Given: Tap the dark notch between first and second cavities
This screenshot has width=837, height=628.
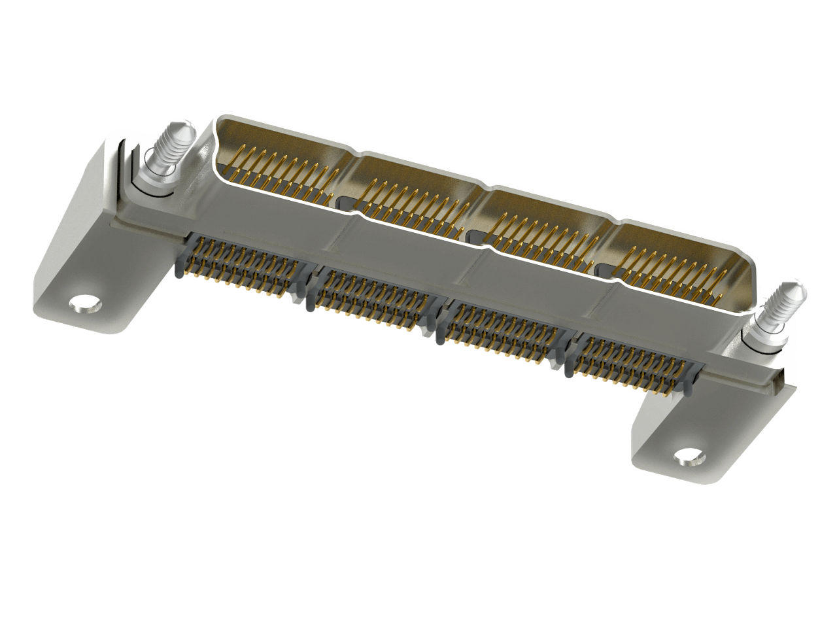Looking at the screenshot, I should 347,200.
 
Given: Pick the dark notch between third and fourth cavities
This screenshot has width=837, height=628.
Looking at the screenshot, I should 603,269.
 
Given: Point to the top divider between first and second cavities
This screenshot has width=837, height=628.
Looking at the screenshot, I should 356,157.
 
